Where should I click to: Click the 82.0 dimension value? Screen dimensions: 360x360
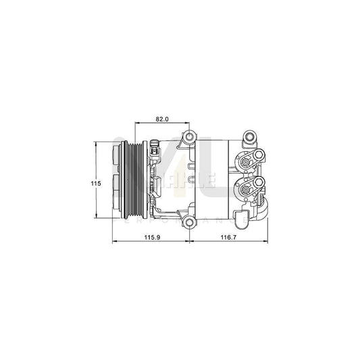162,119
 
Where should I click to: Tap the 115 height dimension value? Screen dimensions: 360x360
97,183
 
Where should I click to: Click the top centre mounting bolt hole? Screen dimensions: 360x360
190,140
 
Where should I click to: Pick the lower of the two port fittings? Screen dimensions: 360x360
248,187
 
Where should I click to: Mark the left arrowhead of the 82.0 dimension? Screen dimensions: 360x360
139,124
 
